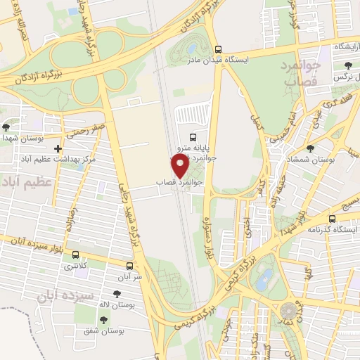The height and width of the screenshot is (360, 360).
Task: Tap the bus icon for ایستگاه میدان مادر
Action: point(219,50)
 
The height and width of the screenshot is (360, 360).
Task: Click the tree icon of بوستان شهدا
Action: point(6,127)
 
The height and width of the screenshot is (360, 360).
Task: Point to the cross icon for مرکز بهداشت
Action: point(58,149)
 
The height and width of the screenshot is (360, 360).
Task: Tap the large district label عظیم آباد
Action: point(28,184)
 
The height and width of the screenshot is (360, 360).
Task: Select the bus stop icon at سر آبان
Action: point(129,266)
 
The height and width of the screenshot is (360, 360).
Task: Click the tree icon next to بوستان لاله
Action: point(116,294)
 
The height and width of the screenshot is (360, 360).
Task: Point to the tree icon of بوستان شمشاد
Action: point(309,149)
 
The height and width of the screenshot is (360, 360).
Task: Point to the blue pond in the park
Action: point(264,280)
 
